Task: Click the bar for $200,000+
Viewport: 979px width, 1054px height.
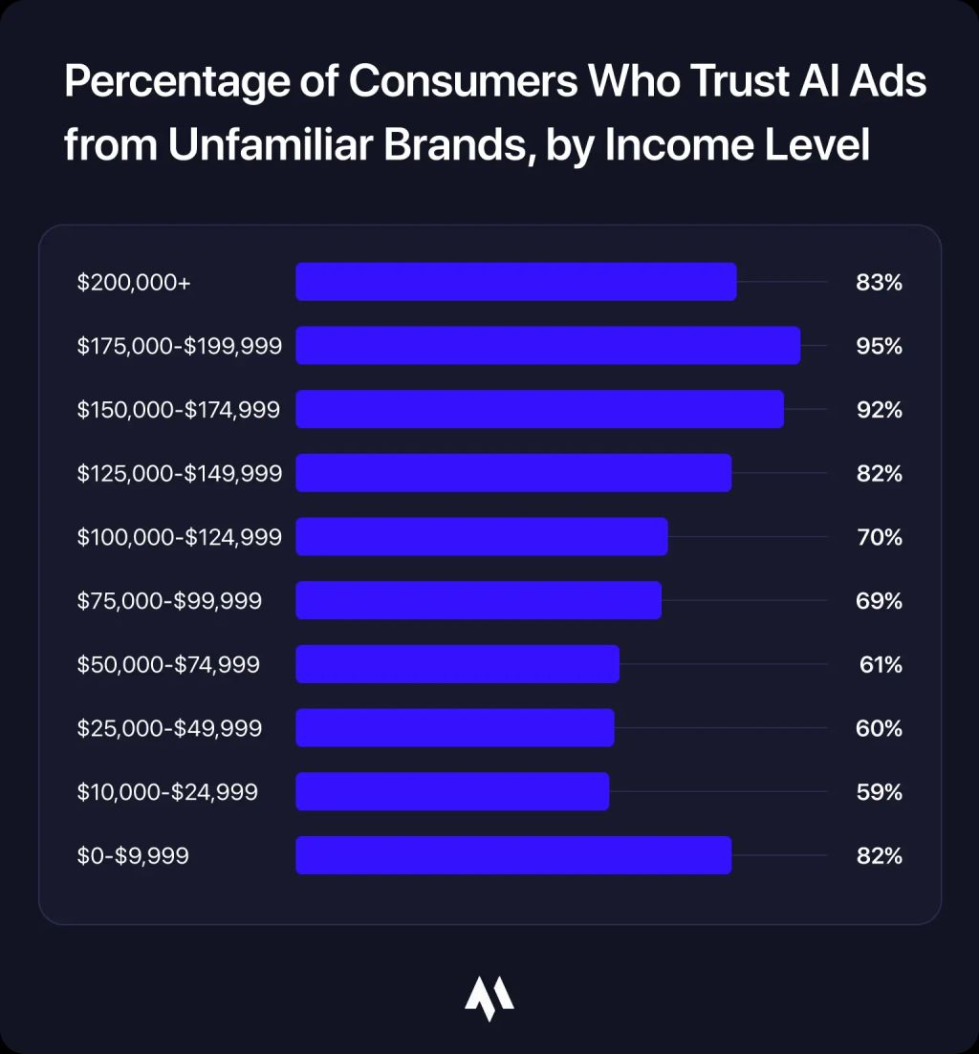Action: [515, 282]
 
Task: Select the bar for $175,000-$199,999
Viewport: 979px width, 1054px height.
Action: [548, 346]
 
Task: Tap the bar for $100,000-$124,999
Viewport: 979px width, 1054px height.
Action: [481, 537]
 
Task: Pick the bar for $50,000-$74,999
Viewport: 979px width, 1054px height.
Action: [457, 664]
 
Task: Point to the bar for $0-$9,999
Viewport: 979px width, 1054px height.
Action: [513, 855]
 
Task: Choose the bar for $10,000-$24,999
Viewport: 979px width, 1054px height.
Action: [452, 792]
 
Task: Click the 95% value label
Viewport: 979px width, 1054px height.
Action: [880, 346]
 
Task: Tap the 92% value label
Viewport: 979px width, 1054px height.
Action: [880, 410]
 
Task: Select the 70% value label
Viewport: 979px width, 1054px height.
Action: [880, 537]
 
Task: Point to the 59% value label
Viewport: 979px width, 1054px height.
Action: [880, 792]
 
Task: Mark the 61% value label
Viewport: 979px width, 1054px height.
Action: [881, 664]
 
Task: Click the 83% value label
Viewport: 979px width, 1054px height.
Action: [880, 282]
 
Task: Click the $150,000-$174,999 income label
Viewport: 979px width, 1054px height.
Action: [179, 410]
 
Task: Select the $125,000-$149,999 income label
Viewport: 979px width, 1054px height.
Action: [180, 473]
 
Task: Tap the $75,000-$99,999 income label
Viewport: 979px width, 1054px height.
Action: [169, 601]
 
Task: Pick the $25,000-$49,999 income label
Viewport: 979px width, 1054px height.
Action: [169, 728]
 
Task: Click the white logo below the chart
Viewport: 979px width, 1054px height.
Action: [489, 998]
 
